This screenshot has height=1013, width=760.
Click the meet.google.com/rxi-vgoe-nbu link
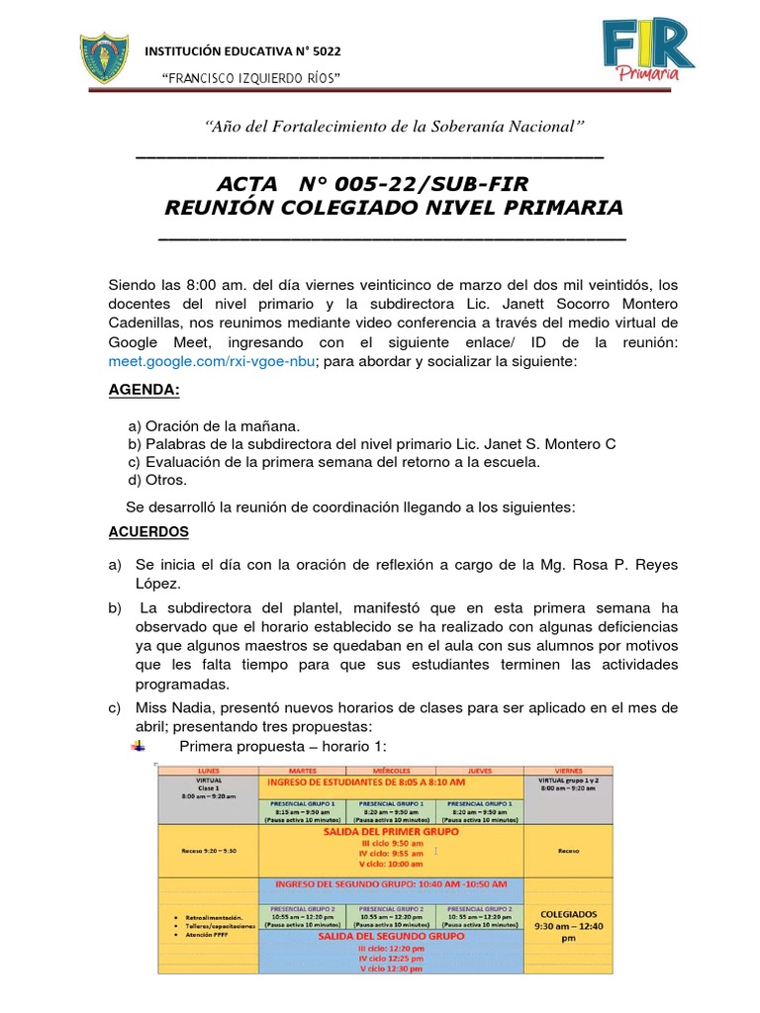(212, 361)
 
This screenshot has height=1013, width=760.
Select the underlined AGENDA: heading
(144, 390)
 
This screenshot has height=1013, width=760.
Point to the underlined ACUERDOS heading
(148, 531)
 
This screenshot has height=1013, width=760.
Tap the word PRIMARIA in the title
(563, 208)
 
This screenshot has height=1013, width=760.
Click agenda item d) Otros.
(157, 480)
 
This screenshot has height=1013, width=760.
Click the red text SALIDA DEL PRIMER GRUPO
(391, 832)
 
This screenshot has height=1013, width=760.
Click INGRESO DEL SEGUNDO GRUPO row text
(391, 883)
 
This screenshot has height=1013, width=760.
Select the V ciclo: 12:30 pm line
(391, 968)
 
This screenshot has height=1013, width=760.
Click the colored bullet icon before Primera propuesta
(138, 746)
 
